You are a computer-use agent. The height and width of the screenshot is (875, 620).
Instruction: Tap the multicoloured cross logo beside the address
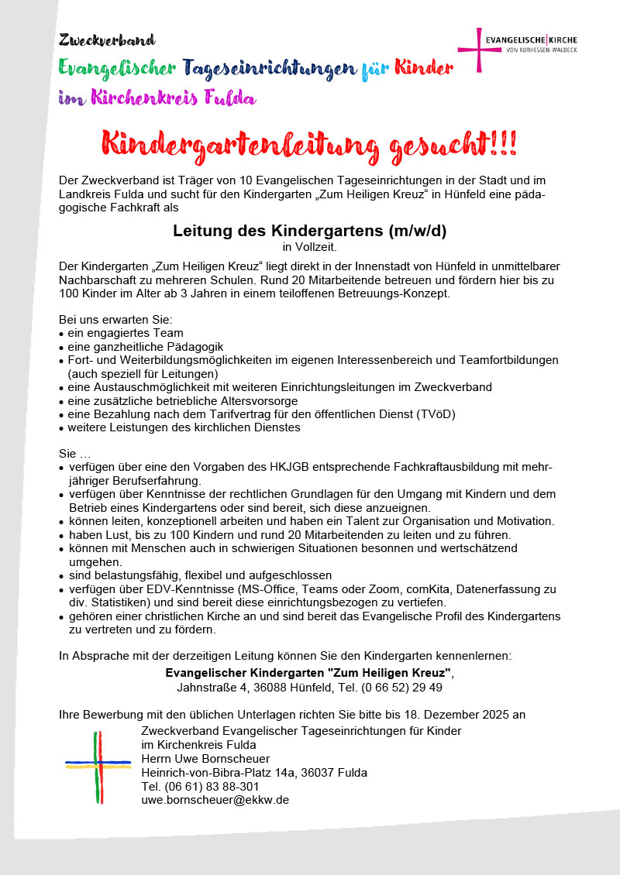[x=98, y=767]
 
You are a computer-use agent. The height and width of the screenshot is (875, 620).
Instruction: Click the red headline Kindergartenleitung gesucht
[x=309, y=146]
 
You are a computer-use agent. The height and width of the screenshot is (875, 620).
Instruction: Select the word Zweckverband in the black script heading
[x=107, y=39]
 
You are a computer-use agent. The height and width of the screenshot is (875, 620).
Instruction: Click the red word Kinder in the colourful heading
[x=423, y=68]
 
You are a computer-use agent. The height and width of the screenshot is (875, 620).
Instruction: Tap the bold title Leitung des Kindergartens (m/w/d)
[x=309, y=231]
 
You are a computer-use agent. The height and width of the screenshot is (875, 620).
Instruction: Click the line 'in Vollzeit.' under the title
[x=309, y=248]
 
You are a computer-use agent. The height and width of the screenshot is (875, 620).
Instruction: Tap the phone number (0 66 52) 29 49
[x=398, y=687]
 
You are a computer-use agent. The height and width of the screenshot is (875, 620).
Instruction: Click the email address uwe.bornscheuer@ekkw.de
[x=215, y=800]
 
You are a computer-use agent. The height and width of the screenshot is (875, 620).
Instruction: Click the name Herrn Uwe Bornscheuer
[x=205, y=758]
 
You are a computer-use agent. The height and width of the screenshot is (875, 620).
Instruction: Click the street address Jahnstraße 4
[x=212, y=687]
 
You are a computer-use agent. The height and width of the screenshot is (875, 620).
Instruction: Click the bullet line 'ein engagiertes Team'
[x=125, y=333]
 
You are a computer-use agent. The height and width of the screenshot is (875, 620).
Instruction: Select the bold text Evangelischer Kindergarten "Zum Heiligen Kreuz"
[x=308, y=673]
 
